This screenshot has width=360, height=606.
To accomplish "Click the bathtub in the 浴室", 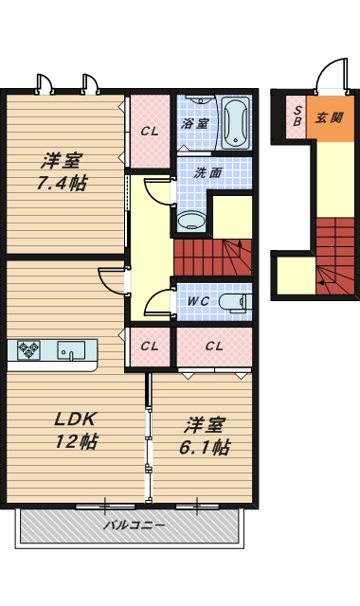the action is click(235, 123).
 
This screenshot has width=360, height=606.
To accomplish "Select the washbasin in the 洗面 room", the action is click(191, 221).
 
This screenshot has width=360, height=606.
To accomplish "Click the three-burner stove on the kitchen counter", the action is click(28, 350).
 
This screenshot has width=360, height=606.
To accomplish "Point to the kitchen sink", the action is click(71, 350).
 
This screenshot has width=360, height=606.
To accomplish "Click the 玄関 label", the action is click(329, 117).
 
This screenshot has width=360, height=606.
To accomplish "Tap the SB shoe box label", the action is click(297, 116).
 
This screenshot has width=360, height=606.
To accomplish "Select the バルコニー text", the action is click(135, 526).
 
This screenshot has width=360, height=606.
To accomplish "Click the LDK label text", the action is click(75, 419).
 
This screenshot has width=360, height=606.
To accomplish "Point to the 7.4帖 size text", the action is click(62, 183).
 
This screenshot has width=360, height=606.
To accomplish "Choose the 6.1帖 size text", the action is click(205, 447).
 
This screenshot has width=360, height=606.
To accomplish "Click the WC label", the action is click(198, 301).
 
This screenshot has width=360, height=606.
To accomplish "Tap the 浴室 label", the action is click(195, 124).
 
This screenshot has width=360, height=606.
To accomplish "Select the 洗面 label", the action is click(207, 172).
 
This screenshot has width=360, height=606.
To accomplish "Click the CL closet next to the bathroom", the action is click(150, 131).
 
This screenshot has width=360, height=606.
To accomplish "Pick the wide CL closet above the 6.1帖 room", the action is click(214, 347).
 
